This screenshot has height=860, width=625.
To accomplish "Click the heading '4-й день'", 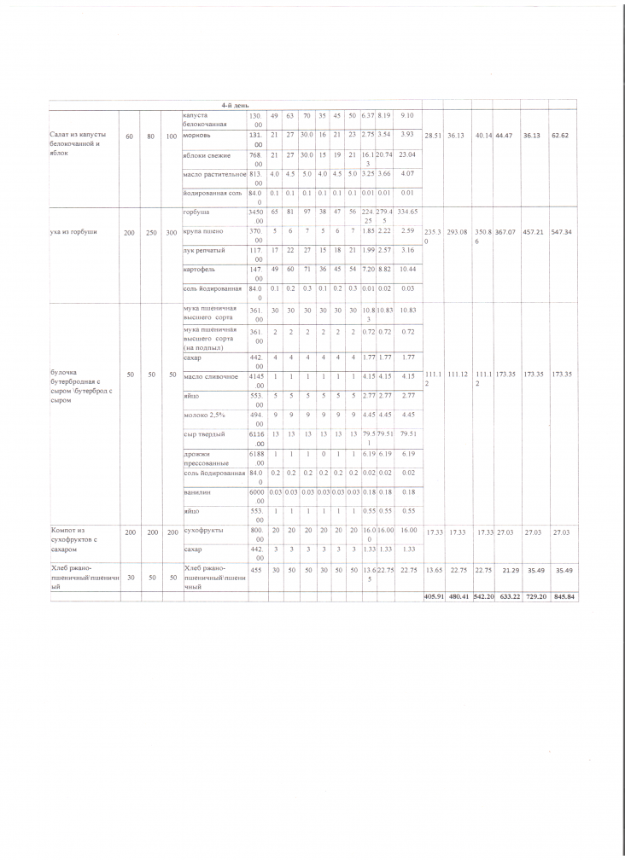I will pyautogui.click(x=234, y=105).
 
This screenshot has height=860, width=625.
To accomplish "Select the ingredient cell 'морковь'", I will pyautogui.click(x=197, y=134).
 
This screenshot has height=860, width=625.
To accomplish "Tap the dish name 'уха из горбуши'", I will pyautogui.click(x=74, y=231).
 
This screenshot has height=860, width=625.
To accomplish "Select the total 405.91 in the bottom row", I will pyautogui.click(x=436, y=596).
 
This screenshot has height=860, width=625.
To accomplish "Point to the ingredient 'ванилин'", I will pyautogui.click(x=198, y=491).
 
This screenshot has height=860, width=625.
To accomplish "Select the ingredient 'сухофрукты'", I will pyautogui.click(x=203, y=530).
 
